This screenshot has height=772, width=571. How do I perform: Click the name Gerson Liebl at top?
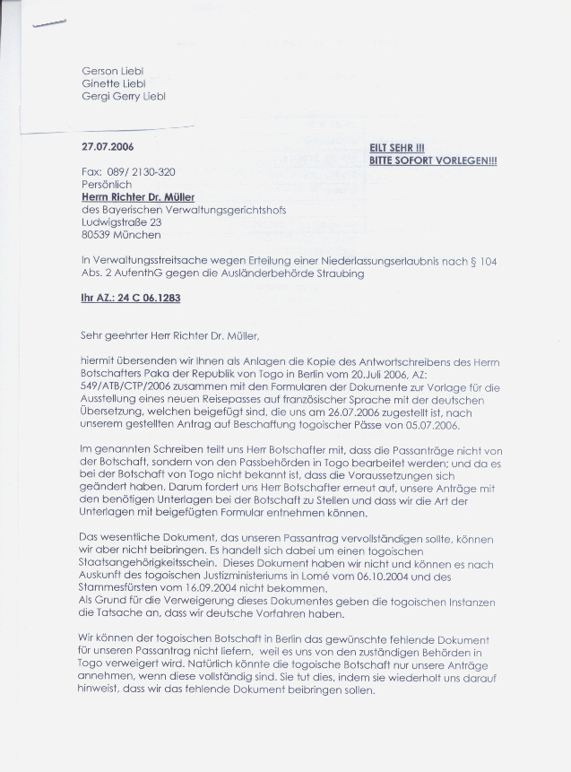(x=114, y=70)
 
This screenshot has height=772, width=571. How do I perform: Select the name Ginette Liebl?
(x=113, y=83)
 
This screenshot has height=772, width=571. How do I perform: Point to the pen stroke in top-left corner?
(x=49, y=24)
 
